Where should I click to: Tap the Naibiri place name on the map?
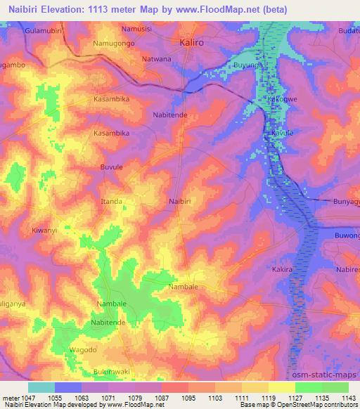click(181, 202)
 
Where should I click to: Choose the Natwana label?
click(157, 59)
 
